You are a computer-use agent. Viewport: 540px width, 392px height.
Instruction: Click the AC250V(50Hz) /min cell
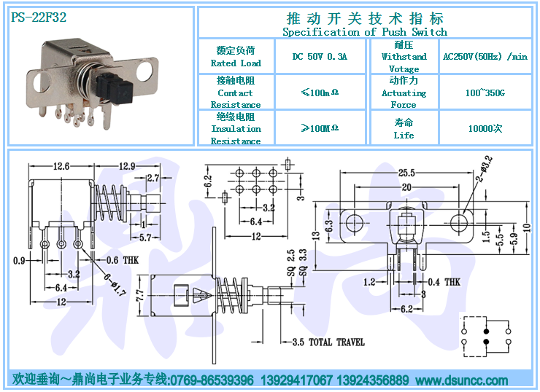[485, 57]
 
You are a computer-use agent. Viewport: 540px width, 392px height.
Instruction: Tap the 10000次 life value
[485, 128]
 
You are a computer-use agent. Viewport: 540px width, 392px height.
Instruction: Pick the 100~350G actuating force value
[485, 93]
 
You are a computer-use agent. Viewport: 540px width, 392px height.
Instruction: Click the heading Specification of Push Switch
[364, 32]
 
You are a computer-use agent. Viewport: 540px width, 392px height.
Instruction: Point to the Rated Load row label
[236, 63]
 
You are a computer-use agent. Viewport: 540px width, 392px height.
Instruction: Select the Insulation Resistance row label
[236, 135]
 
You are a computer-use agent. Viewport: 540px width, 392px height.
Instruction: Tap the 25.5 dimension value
[406, 173]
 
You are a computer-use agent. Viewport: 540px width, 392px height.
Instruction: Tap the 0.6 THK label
[123, 260]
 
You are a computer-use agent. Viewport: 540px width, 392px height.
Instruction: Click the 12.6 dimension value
[61, 167]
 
